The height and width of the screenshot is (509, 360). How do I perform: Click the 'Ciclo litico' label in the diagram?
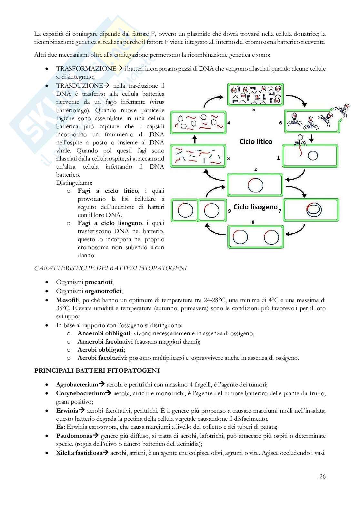pyautogui.click(x=256, y=142)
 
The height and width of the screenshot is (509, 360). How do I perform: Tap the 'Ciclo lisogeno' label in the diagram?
pyautogui.click(x=255, y=207)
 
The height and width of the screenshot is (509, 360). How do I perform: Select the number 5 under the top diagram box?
pyautogui.click(x=254, y=110)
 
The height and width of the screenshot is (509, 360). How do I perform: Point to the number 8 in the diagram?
pyautogui.click(x=253, y=222)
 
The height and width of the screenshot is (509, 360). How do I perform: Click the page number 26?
pyautogui.click(x=322, y=476)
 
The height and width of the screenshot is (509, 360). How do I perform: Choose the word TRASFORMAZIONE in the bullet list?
pyautogui.click(x=86, y=69)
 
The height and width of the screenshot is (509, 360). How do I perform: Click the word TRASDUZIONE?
pyautogui.click(x=79, y=86)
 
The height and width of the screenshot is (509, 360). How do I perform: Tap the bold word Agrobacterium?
pyautogui.click(x=77, y=385)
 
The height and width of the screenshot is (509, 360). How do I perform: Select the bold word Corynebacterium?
pyautogui.click(x=80, y=393)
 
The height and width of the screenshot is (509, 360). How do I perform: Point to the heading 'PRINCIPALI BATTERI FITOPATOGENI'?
pyautogui.click(x=97, y=371)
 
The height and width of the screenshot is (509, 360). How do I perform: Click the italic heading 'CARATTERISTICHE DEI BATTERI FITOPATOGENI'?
pyautogui.click(x=110, y=268)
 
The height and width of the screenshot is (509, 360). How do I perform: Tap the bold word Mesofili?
pyautogui.click(x=67, y=300)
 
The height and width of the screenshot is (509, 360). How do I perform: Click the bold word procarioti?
pyautogui.click(x=98, y=282)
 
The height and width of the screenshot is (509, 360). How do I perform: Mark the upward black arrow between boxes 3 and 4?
pyautogui.click(x=195, y=140)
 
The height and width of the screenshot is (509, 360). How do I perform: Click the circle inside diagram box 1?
pyautogui.click(x=313, y=156)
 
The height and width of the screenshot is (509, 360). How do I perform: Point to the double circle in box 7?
pyautogui.click(x=313, y=210)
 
